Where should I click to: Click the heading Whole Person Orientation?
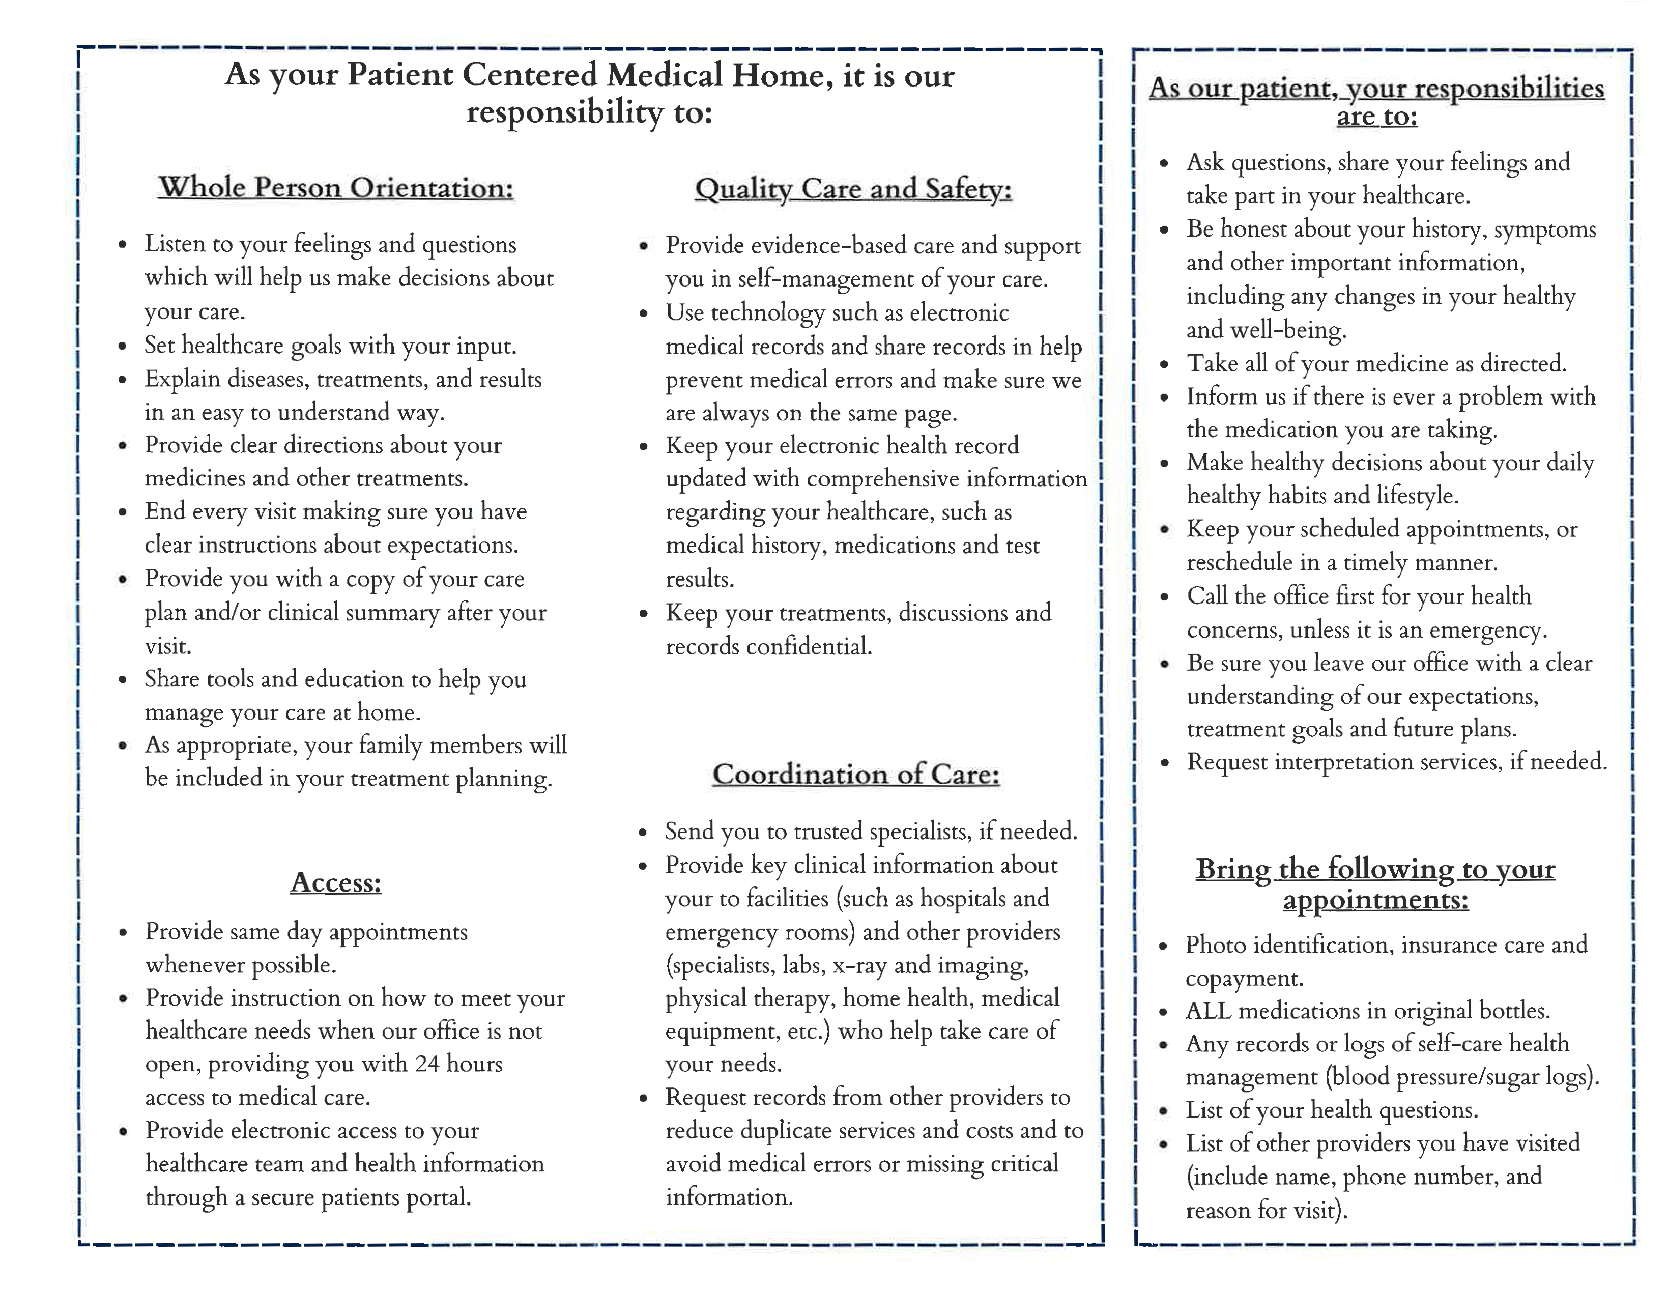[335, 188]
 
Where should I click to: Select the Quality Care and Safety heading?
[853, 189]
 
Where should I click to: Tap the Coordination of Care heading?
[855, 775]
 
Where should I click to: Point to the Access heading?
[335, 883]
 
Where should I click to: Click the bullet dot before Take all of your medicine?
[1164, 364]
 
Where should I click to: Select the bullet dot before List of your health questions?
[1163, 1111]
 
